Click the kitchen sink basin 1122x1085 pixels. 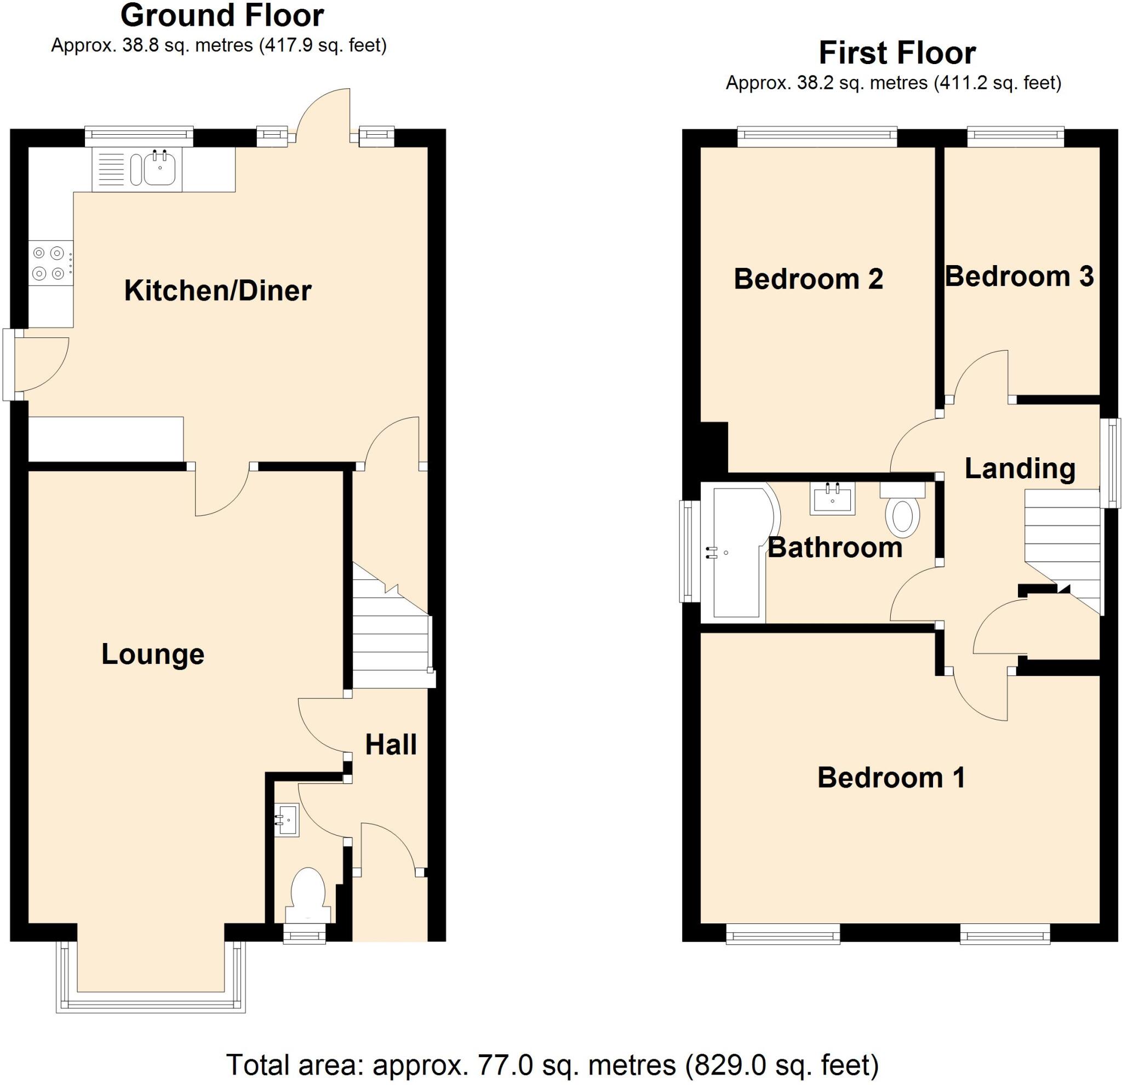tap(161, 168)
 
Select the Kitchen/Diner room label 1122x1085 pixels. tap(217, 291)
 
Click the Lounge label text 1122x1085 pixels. tap(153, 654)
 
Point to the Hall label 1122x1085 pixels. tap(391, 744)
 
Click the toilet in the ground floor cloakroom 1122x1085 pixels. tap(308, 892)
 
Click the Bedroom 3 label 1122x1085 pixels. tap(1019, 277)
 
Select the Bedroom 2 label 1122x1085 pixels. tap(808, 279)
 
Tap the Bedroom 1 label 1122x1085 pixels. tap(891, 778)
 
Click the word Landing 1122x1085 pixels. tap(1020, 468)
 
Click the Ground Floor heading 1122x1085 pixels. tap(222, 16)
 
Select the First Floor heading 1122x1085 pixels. tap(897, 54)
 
